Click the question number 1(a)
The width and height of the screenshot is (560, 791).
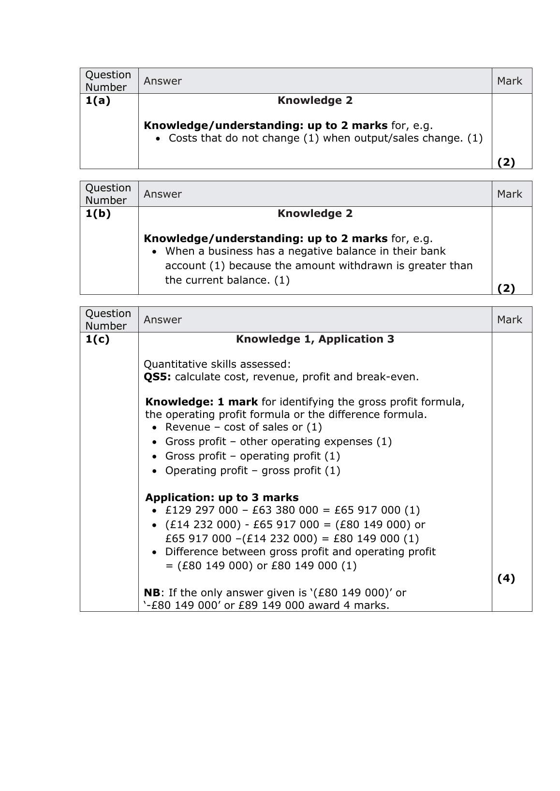(98, 101)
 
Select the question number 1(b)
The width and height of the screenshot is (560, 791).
(98, 214)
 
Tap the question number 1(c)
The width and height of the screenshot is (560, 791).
(98, 339)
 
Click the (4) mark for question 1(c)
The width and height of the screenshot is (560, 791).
(506, 578)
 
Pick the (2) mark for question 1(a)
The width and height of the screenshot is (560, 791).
(506, 162)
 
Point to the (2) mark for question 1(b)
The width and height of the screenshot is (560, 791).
(506, 288)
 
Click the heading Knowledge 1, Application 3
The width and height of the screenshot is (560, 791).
(315, 339)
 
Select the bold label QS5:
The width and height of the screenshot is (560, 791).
(157, 377)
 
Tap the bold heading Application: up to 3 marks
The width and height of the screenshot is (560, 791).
(221, 498)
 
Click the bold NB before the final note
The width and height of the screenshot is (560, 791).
(152, 592)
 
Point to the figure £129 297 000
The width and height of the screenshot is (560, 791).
(202, 510)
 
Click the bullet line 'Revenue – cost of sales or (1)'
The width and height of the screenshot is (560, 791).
(243, 427)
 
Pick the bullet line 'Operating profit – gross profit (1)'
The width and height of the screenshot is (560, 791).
(252, 471)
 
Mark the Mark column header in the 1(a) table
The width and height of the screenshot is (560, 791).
(509, 81)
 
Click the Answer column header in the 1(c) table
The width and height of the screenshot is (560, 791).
(162, 320)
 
